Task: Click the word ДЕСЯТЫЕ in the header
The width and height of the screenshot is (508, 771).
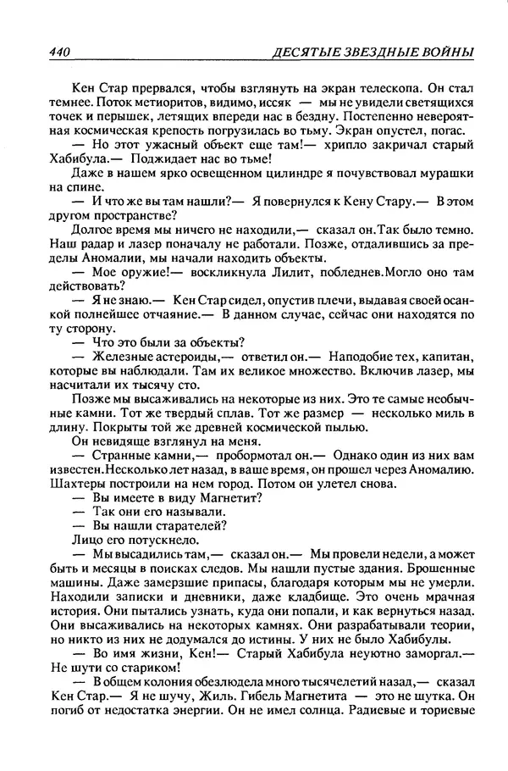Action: coord(300,53)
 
